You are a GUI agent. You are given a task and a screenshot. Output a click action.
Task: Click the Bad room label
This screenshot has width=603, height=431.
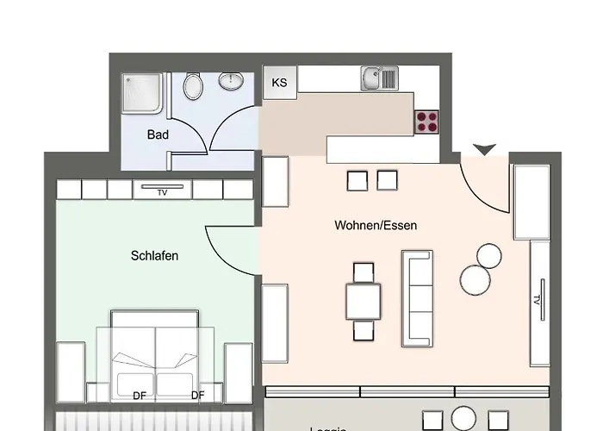[158, 134]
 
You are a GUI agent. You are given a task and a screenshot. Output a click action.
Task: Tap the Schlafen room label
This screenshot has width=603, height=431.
[155, 256]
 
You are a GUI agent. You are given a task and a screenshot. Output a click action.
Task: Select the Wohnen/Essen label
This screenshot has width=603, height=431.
[376, 226]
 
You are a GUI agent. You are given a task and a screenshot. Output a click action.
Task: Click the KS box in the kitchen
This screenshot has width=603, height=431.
[279, 83]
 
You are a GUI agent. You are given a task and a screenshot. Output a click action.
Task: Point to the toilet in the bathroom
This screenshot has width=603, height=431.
[193, 86]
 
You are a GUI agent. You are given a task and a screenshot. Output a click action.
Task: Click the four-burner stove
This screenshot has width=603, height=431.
[427, 122]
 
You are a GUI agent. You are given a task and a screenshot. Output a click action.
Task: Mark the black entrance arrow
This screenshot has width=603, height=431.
[484, 150]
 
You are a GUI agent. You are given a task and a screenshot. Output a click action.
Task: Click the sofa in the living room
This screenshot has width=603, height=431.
[418, 296]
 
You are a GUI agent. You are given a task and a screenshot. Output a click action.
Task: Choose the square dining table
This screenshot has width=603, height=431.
[364, 301]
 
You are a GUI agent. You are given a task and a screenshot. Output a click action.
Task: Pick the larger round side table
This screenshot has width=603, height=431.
[476, 280]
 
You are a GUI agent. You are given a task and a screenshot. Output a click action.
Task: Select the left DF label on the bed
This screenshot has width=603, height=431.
[139, 396]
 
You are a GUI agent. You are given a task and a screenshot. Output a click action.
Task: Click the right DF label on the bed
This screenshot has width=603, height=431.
[197, 396]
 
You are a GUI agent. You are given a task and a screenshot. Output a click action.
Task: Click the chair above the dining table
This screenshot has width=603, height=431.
[364, 272]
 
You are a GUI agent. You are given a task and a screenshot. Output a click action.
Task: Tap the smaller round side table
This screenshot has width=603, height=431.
[488, 256]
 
